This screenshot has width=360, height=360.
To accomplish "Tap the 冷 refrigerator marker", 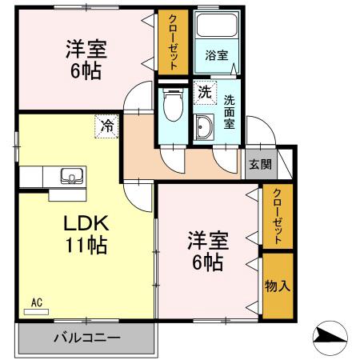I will click(106, 125).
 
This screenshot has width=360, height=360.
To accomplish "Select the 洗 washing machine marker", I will click(205, 92).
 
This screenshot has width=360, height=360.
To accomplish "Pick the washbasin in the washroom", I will click(202, 126).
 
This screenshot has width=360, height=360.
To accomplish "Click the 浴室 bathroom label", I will click(216, 56).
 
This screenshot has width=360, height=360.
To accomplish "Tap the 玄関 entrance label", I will click(259, 165).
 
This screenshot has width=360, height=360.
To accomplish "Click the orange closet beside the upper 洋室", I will click(170, 43).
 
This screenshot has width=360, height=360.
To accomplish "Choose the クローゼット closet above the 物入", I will click(277, 216).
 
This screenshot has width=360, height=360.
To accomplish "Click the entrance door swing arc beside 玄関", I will click(258, 132).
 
